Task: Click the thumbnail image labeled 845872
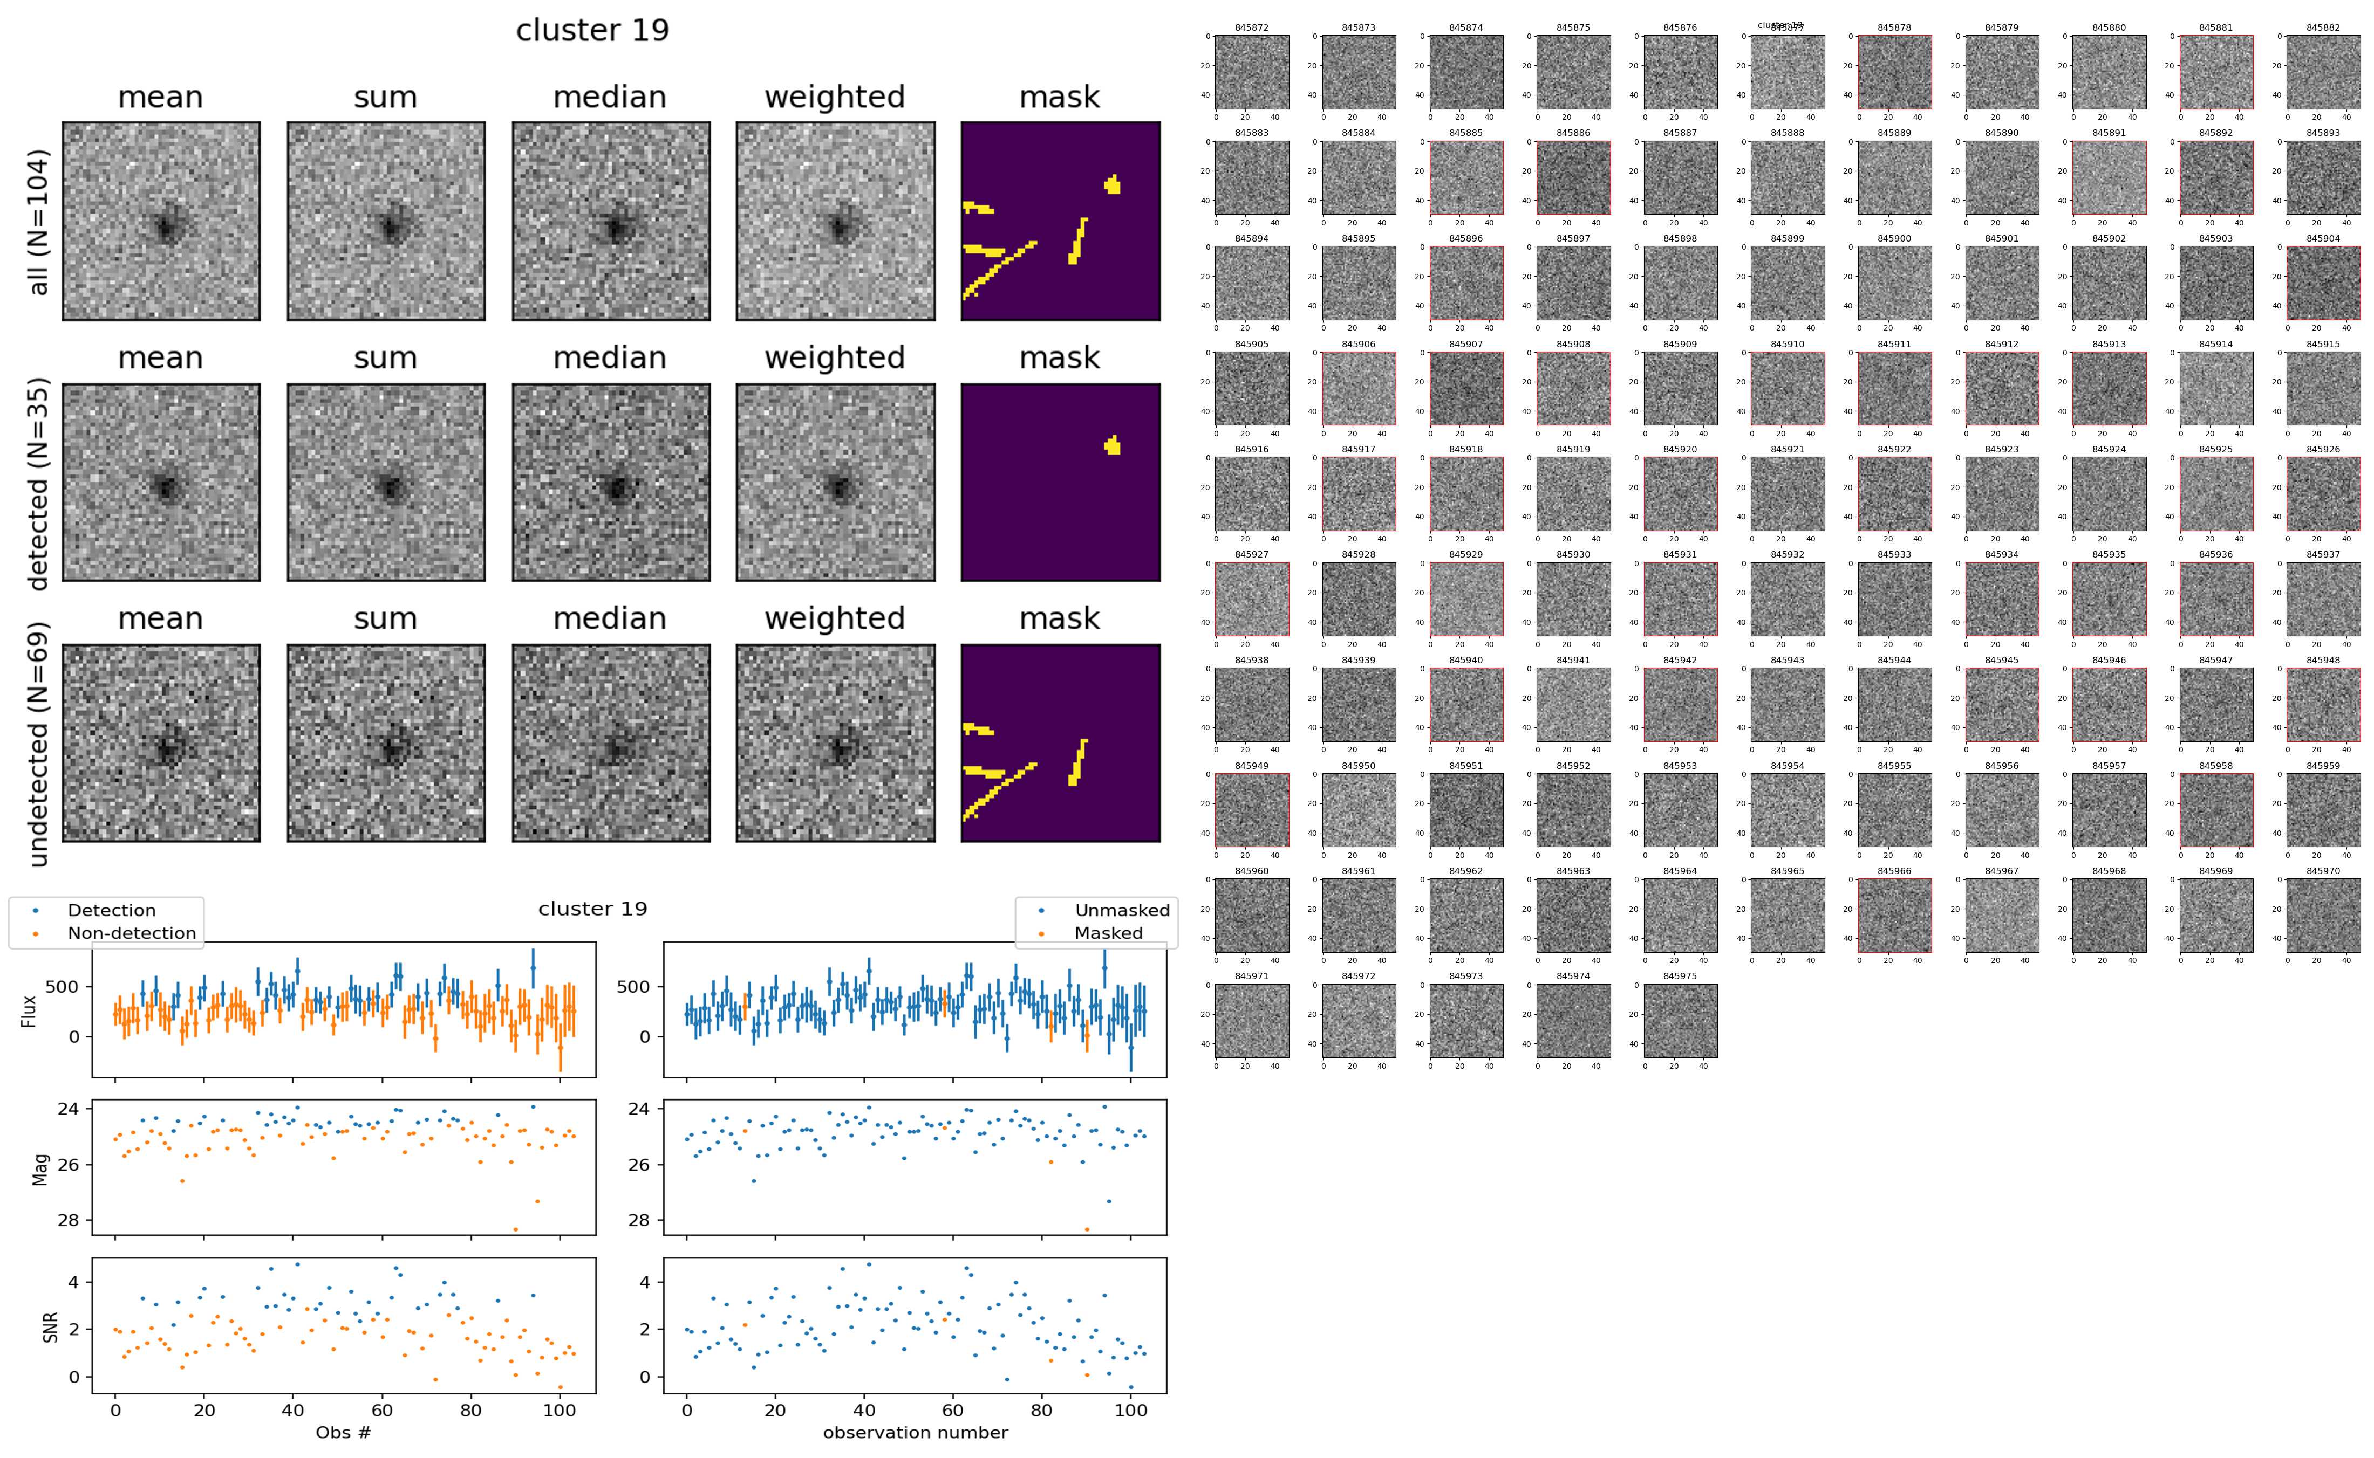click(x=1251, y=72)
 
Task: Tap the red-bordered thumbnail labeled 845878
click(x=1894, y=72)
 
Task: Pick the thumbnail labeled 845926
click(x=2323, y=494)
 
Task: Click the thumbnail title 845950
click(x=1358, y=766)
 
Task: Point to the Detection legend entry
click(x=111, y=910)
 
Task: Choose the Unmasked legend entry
click(x=1122, y=910)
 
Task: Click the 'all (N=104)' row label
click(x=39, y=222)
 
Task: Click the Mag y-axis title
click(x=40, y=1168)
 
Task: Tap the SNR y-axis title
click(x=50, y=1327)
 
